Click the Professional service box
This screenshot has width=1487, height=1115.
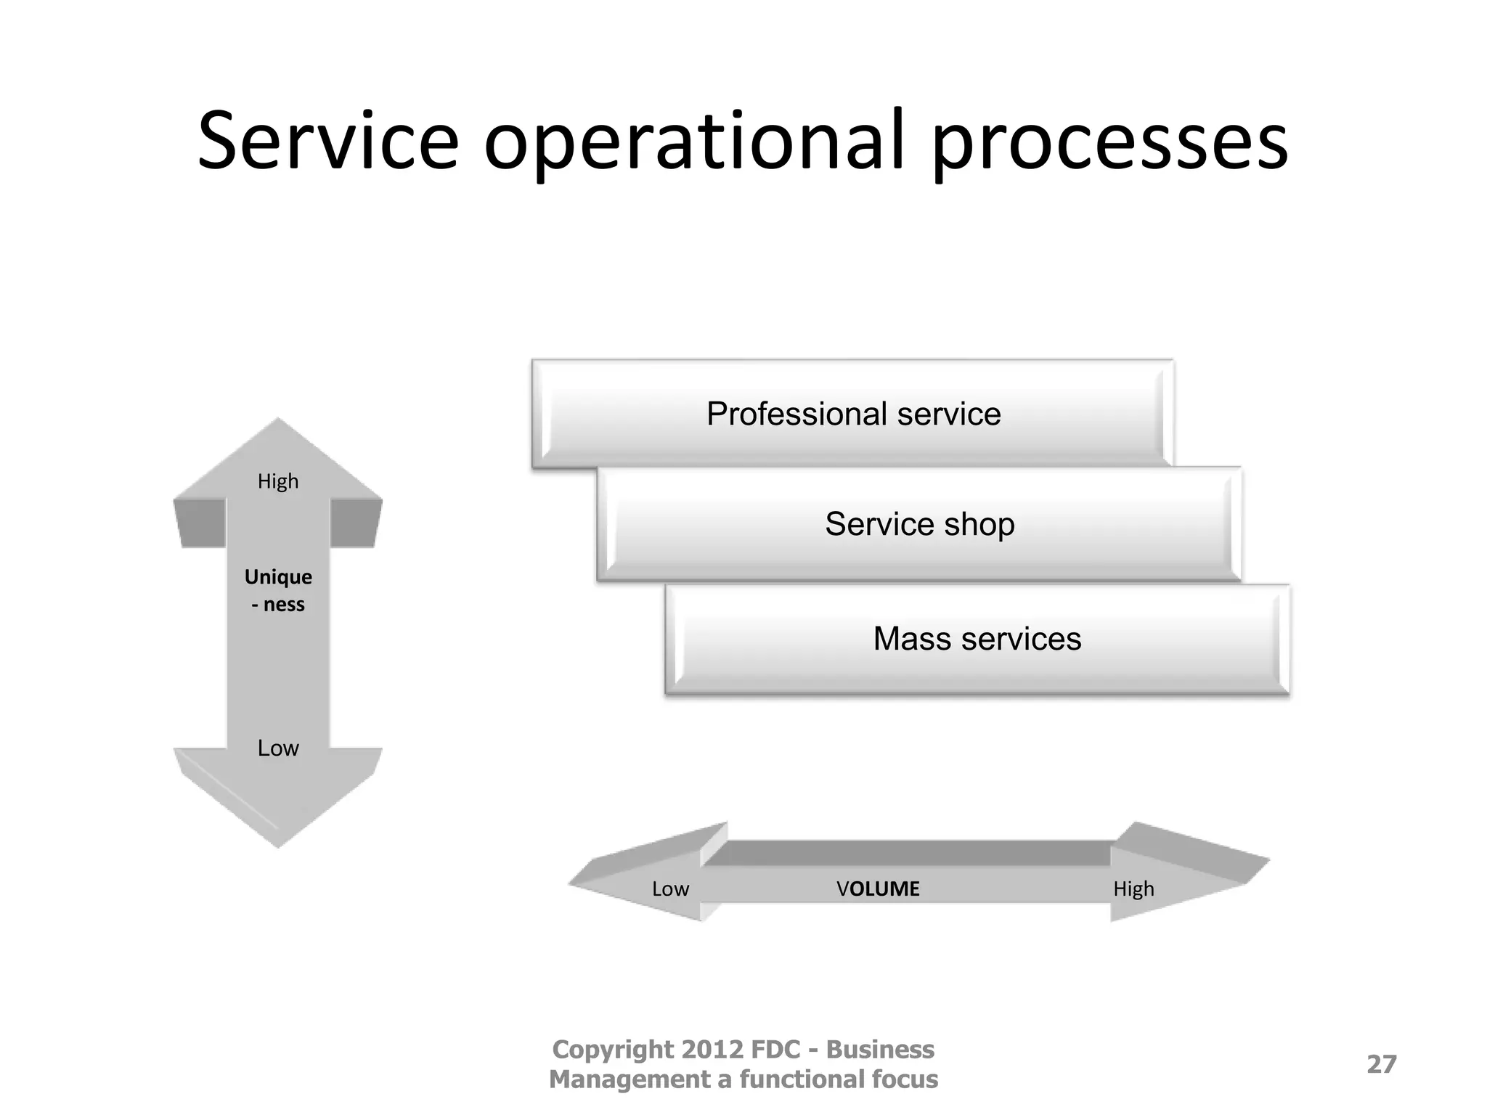coord(853,414)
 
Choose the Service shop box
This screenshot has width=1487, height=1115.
coord(919,524)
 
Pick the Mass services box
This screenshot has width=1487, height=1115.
coord(977,639)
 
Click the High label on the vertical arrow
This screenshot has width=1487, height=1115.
coord(278,481)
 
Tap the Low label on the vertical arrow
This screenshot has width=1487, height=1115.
coord(278,748)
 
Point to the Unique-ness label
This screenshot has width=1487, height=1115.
coord(278,590)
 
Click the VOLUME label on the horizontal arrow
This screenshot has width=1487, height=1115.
coord(878,889)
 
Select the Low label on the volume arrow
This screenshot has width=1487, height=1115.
coord(670,889)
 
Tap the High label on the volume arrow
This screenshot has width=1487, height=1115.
coord(1133,889)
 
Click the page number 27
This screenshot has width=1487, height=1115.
coord(1381,1064)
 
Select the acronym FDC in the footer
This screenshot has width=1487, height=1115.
coord(775,1050)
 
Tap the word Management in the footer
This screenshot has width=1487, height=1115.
coord(629,1079)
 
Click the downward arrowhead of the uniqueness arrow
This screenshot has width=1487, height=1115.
coord(278,806)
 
